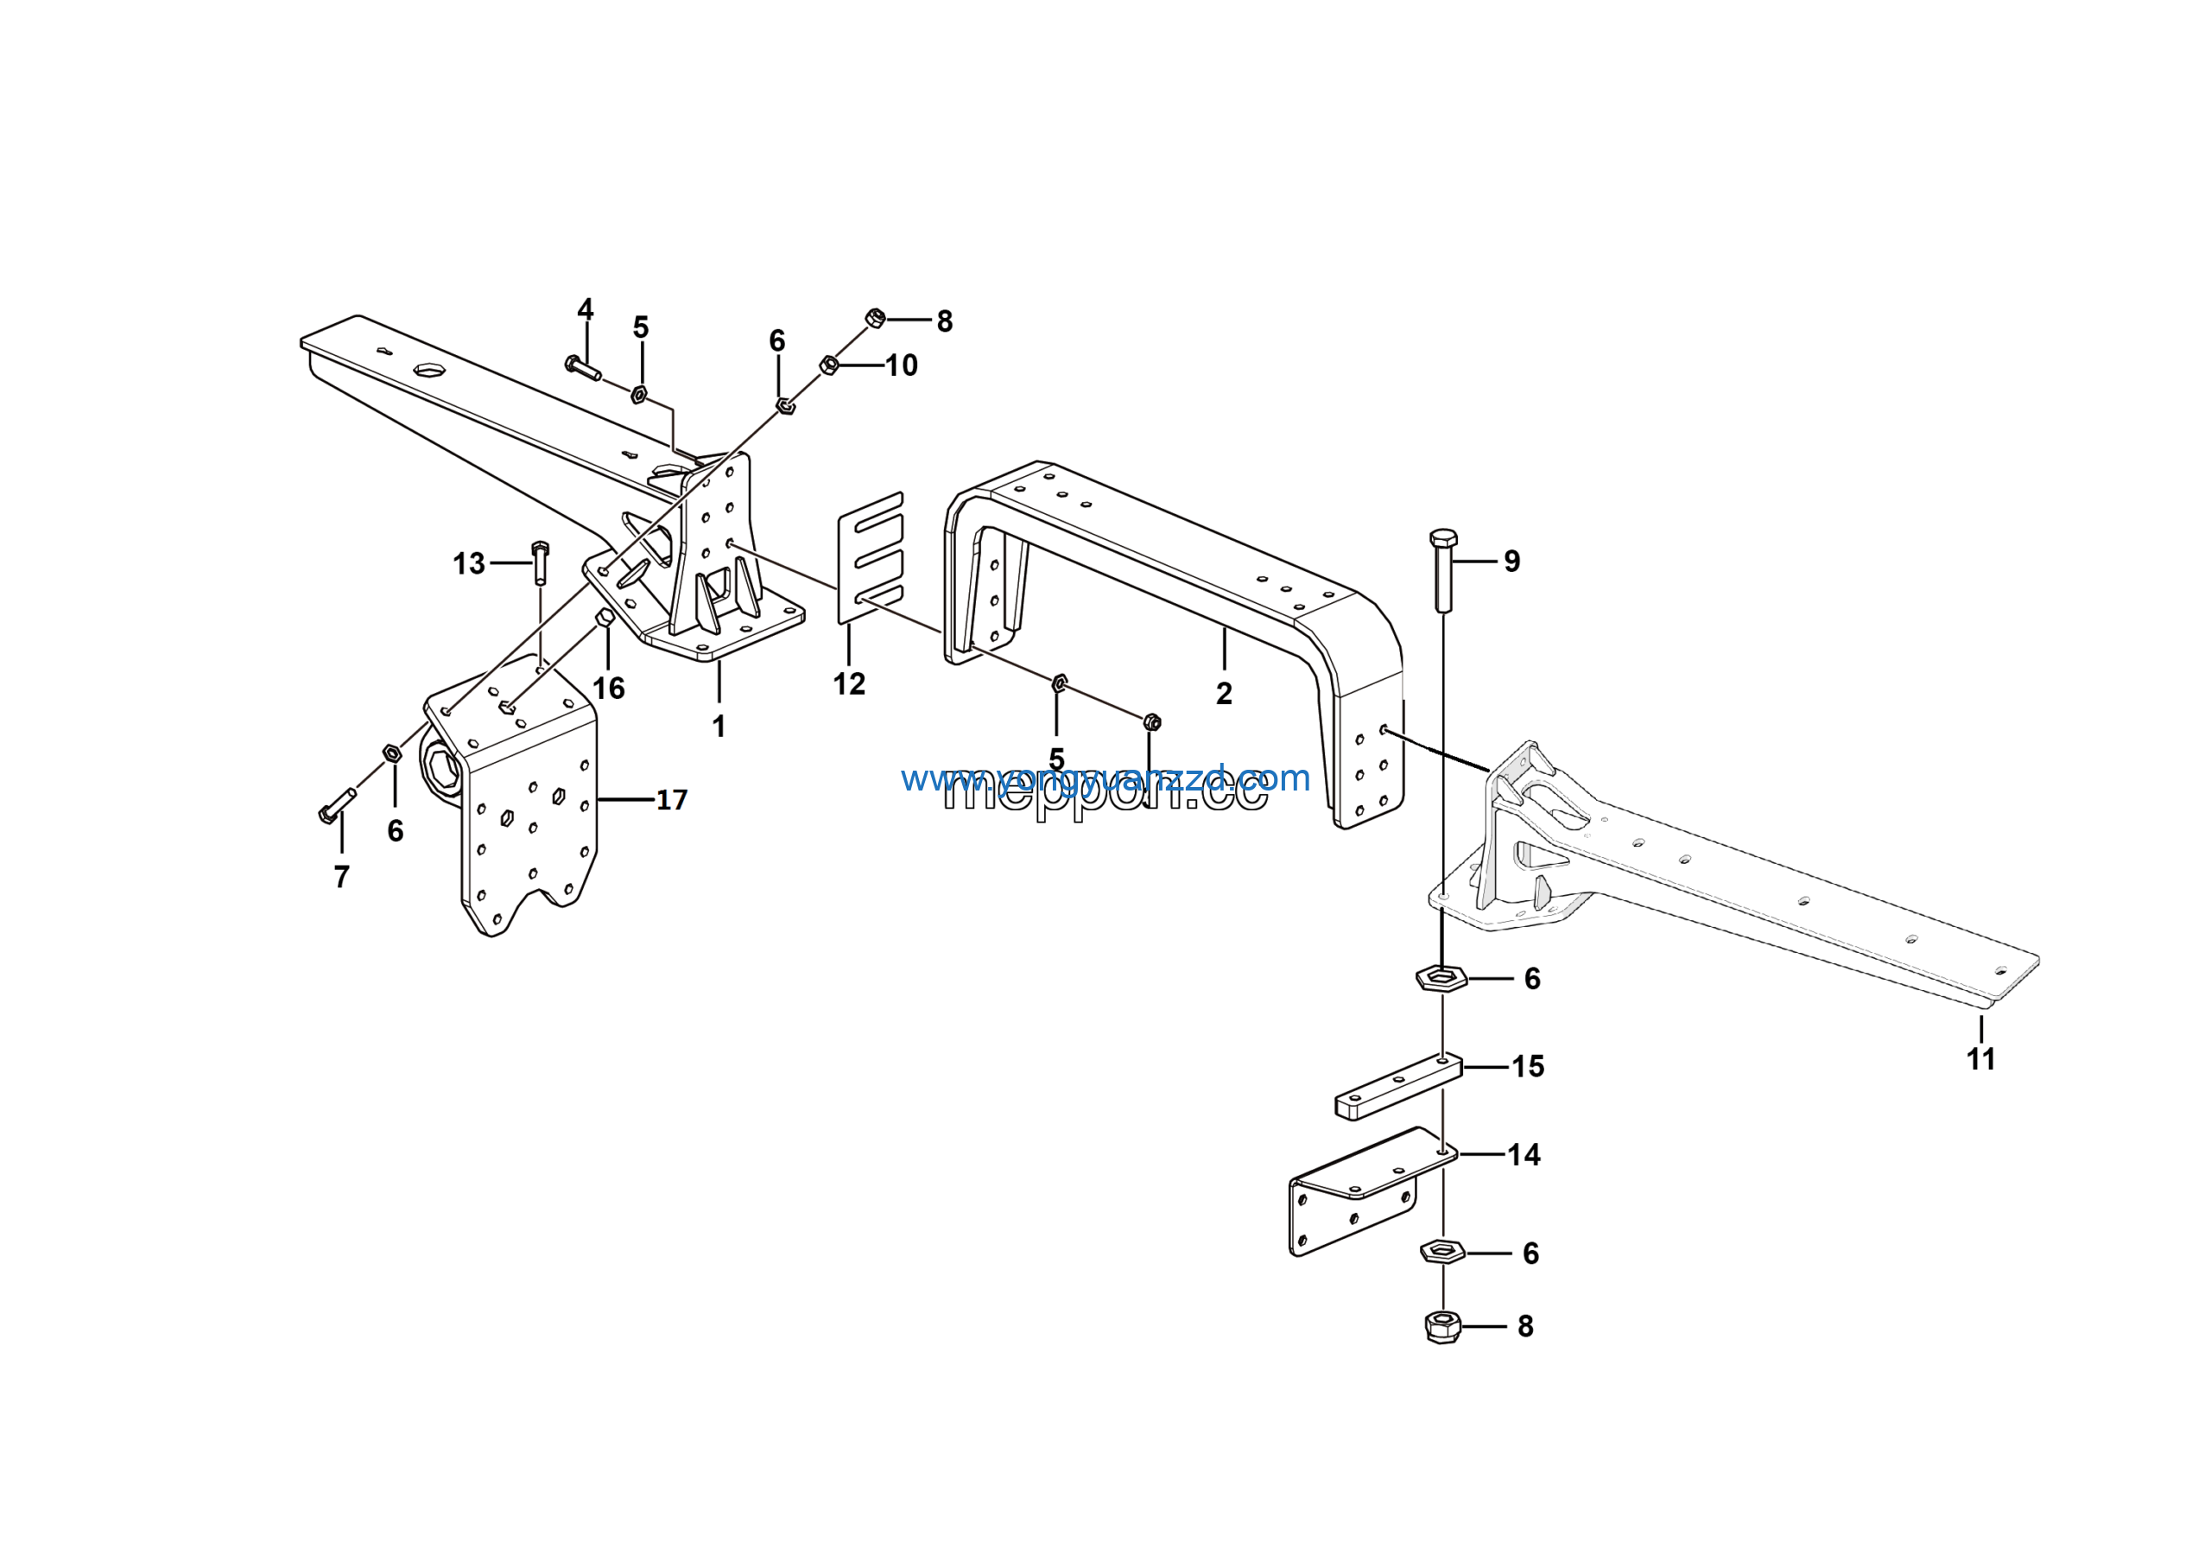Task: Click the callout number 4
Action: click(x=586, y=309)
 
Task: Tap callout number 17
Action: click(x=671, y=799)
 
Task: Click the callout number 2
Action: click(x=1224, y=694)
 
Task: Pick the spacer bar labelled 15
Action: click(x=1398, y=1087)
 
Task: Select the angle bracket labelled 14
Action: click(x=1358, y=1194)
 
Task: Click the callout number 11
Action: click(x=1981, y=1059)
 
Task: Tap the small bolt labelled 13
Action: click(x=539, y=562)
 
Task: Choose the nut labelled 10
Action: click(x=828, y=365)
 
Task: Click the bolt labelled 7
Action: click(x=337, y=806)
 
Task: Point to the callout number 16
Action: click(x=609, y=688)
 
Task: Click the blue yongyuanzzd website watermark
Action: click(x=1105, y=778)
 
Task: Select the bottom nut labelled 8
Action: click(x=1441, y=1327)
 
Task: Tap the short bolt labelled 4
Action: click(x=583, y=367)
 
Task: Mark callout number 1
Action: click(x=719, y=726)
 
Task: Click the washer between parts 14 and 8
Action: click(x=1442, y=1252)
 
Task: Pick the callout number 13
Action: click(x=469, y=563)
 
